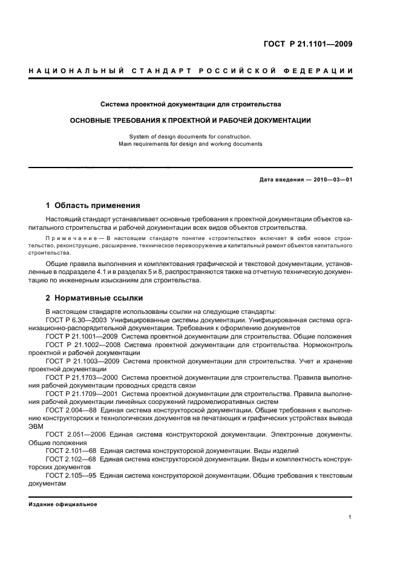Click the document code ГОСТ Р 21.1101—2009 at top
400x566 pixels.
point(308,44)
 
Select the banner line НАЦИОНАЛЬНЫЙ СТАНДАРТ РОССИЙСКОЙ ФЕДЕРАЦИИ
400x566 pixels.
point(191,71)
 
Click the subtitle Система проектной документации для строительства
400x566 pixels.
point(191,104)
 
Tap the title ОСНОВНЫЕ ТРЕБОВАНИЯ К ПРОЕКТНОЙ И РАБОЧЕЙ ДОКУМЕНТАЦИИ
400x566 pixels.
point(191,120)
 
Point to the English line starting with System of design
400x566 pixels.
point(191,137)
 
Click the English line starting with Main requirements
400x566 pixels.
point(191,145)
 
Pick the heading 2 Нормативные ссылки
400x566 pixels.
point(95,298)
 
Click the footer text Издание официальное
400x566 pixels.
point(63,505)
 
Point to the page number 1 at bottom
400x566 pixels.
point(350,517)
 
